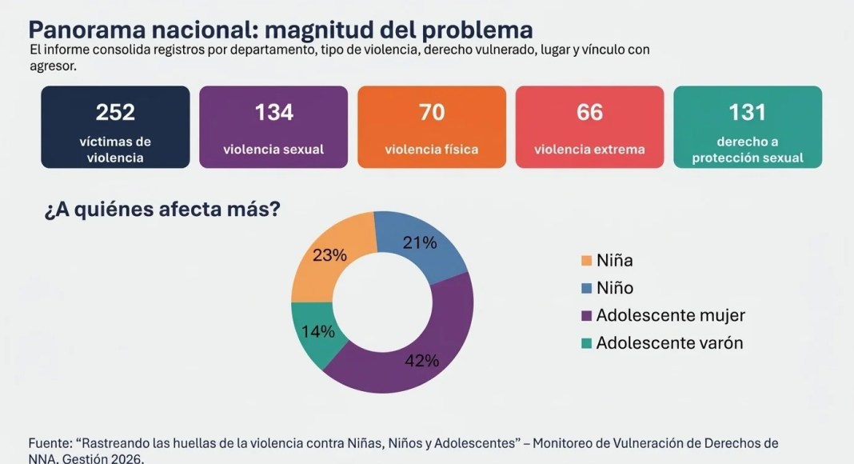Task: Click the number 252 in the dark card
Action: pyautogui.click(x=115, y=112)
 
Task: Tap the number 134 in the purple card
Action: pyautogui.click(x=274, y=112)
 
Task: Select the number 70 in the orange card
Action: pyautogui.click(x=432, y=112)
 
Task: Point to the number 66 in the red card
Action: pyautogui.click(x=590, y=112)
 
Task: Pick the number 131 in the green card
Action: pyautogui.click(x=747, y=112)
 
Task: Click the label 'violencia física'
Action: pyautogui.click(x=431, y=150)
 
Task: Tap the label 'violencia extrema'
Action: pyautogui.click(x=589, y=150)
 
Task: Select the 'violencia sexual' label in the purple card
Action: pyautogui.click(x=273, y=150)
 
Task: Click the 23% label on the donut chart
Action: pyautogui.click(x=329, y=255)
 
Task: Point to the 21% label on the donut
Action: pyautogui.click(x=419, y=242)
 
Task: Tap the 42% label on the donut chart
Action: pyautogui.click(x=421, y=360)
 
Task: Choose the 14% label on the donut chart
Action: pyautogui.click(x=318, y=331)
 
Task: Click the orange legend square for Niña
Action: pyautogui.click(x=587, y=260)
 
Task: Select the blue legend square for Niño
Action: pyautogui.click(x=587, y=287)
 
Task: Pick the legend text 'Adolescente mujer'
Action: pyautogui.click(x=670, y=315)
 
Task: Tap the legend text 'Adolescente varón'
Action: pyautogui.click(x=669, y=342)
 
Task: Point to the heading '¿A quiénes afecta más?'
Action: pyautogui.click(x=162, y=209)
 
